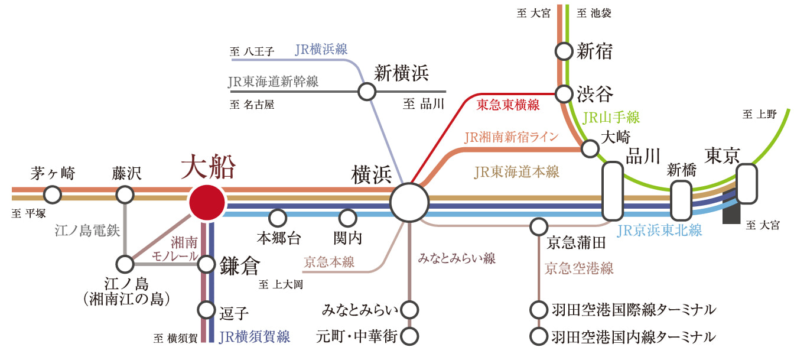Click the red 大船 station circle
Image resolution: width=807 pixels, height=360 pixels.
[x=207, y=203]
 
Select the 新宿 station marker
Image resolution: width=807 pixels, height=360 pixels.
[x=564, y=51]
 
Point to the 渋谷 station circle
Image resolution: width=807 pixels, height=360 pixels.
[x=564, y=94]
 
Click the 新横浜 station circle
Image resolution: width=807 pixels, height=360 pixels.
[x=367, y=92]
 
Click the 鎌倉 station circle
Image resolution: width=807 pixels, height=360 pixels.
[x=206, y=264]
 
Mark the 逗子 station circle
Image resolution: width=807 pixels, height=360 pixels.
[x=206, y=310]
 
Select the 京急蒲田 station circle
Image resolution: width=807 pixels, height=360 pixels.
[x=539, y=226]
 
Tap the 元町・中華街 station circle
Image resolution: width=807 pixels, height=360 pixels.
[x=409, y=336]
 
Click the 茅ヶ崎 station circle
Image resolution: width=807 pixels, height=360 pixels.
[x=52, y=195]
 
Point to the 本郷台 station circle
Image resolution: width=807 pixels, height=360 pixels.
[x=278, y=218]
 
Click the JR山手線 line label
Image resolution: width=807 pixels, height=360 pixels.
[x=611, y=118]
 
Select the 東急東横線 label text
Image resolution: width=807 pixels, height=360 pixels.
[x=508, y=105]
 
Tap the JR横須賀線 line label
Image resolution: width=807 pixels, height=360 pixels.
[x=255, y=337]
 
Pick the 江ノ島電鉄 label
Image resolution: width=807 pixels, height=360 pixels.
[x=87, y=231]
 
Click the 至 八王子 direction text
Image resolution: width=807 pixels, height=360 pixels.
[x=252, y=51]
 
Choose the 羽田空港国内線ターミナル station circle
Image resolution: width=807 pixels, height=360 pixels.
[x=539, y=336]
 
